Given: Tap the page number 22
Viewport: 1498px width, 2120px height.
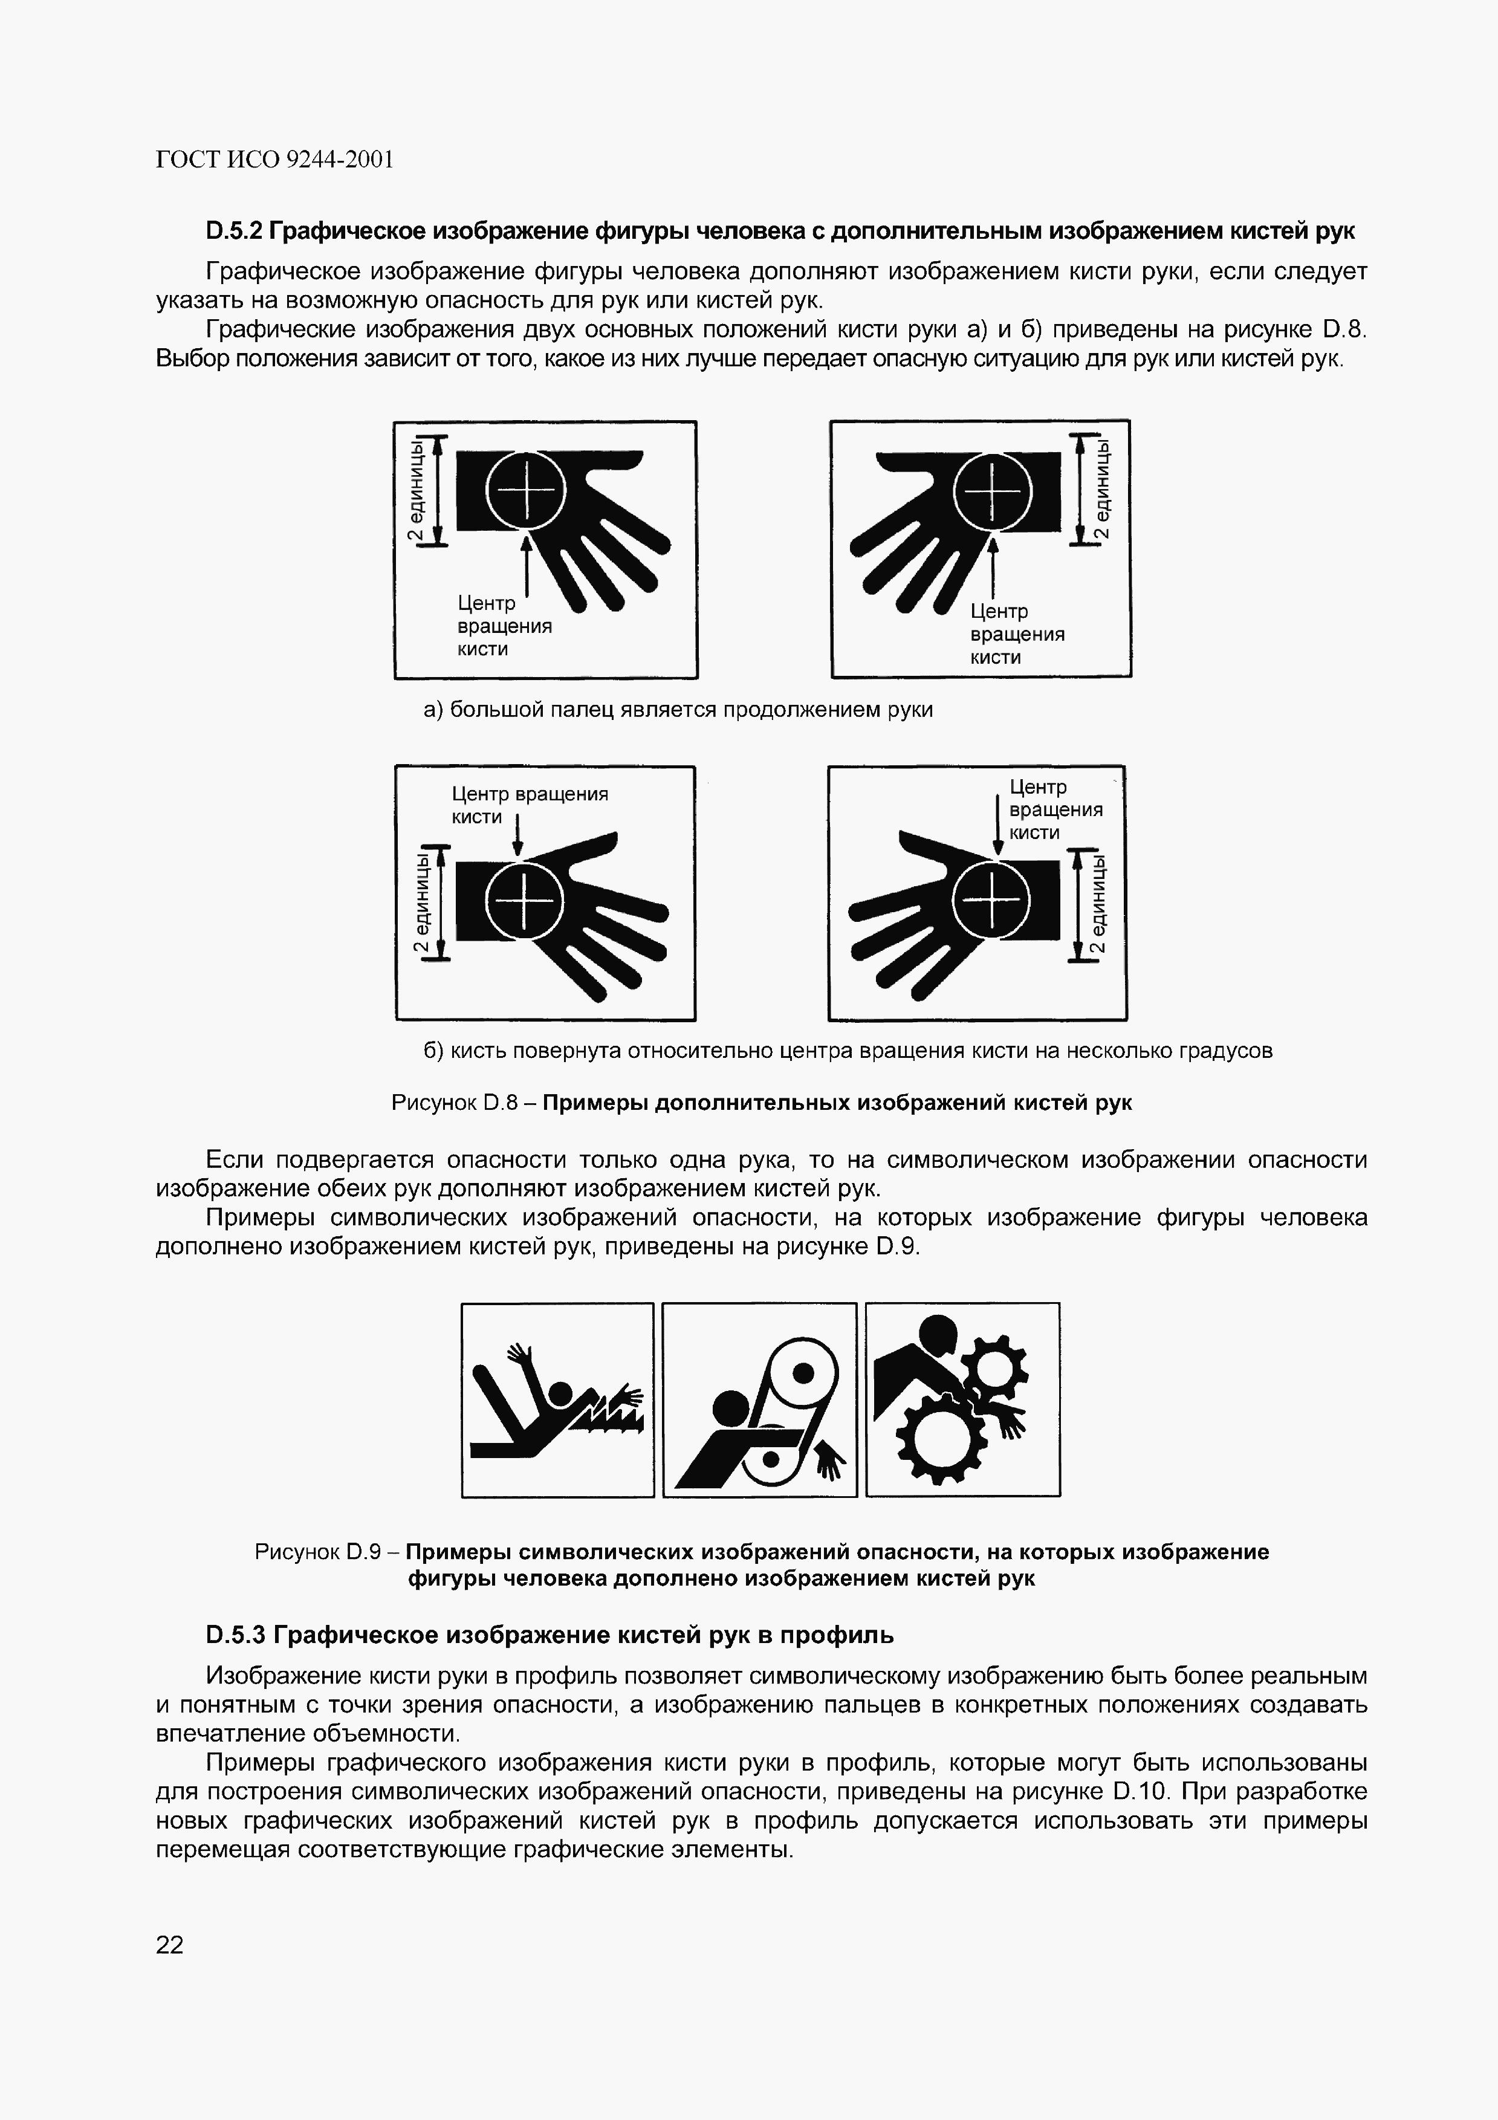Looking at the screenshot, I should (170, 1945).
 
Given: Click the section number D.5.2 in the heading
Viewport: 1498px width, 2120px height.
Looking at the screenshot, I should (236, 231).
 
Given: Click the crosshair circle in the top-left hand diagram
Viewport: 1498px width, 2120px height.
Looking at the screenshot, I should (525, 490).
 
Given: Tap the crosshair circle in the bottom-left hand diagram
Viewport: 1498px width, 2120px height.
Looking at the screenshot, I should (524, 900).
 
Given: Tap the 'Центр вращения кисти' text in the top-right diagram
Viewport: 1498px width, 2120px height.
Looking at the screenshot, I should (1017, 634).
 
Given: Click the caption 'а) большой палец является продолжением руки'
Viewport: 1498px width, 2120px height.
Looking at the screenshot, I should (678, 709).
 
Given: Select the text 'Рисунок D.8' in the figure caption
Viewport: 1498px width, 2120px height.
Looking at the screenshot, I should (452, 1103).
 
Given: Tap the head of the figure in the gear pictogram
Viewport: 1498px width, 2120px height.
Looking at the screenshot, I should (938, 1334).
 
